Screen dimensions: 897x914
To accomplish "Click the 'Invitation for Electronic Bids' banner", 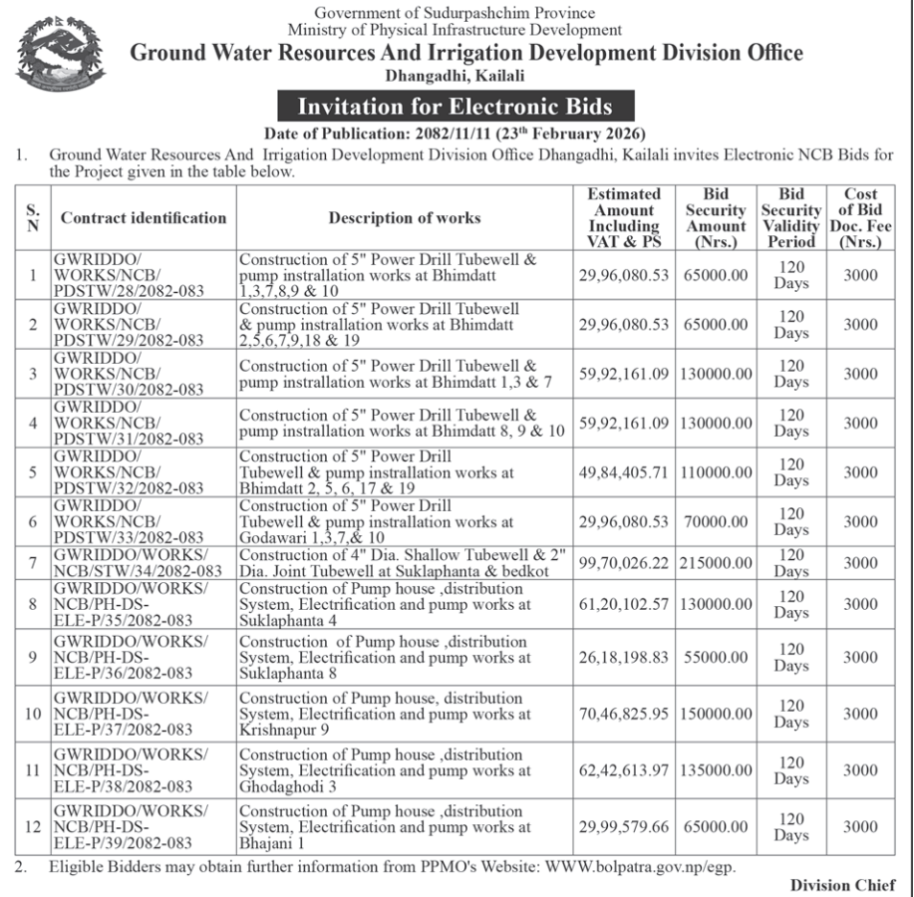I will [x=455, y=107].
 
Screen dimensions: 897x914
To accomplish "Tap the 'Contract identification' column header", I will [x=144, y=218].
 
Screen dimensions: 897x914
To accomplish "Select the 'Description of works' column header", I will [x=405, y=218].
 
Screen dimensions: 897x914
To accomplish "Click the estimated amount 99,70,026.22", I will [x=624, y=563].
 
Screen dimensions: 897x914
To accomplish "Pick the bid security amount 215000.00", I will [x=716, y=563].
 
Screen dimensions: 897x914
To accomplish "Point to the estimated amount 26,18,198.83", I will [x=624, y=658].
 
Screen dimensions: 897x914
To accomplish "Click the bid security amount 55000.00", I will [x=716, y=658].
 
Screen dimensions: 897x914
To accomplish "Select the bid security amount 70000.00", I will [x=716, y=522].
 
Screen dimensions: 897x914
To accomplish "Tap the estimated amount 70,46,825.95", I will [x=624, y=714].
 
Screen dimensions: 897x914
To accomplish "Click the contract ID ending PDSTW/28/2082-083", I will [x=129, y=275].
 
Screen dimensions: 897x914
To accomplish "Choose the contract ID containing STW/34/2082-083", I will [x=139, y=563].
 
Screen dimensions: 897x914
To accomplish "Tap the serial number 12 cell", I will [x=33, y=827].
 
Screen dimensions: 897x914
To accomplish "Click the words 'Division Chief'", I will [x=842, y=885].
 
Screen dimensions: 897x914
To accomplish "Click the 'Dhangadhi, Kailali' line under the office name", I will [x=455, y=76].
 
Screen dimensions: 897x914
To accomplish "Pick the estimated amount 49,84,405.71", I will [x=624, y=472].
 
